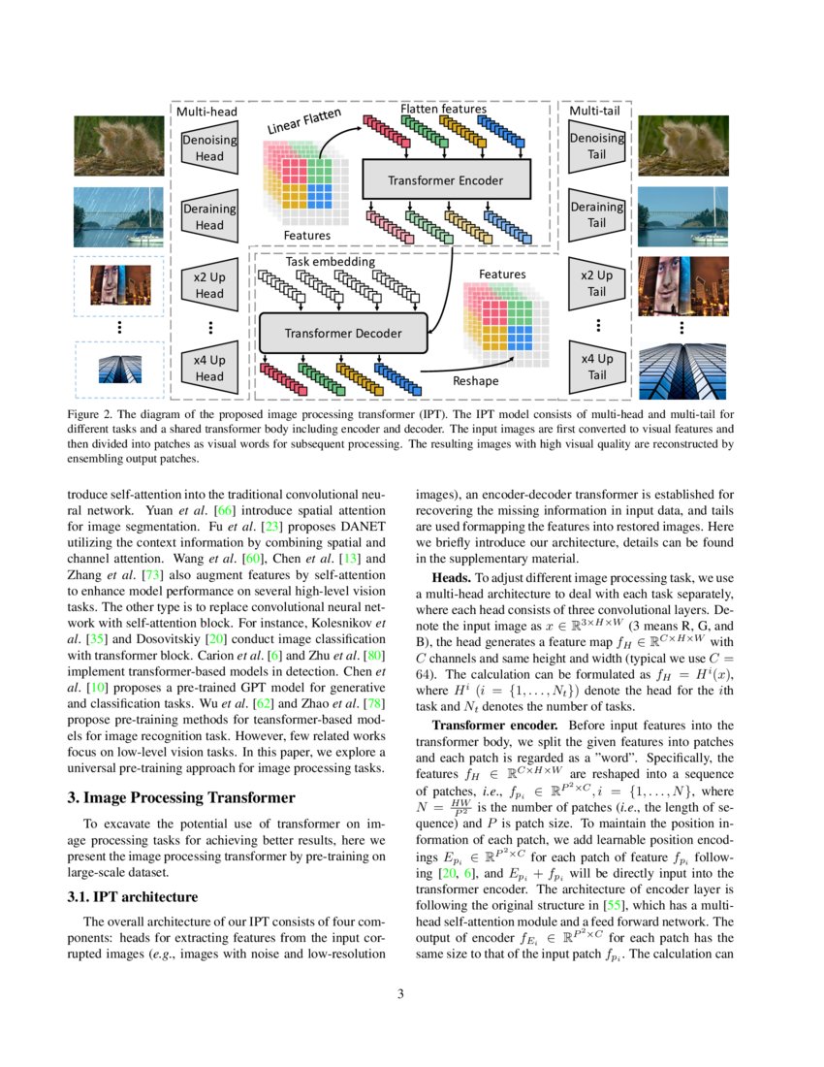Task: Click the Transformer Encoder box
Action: click(446, 180)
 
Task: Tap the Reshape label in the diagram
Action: click(476, 381)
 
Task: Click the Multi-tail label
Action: click(596, 112)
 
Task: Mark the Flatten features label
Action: click(443, 110)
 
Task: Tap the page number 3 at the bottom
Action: click(412, 993)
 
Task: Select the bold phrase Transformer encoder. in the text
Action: click(495, 725)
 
